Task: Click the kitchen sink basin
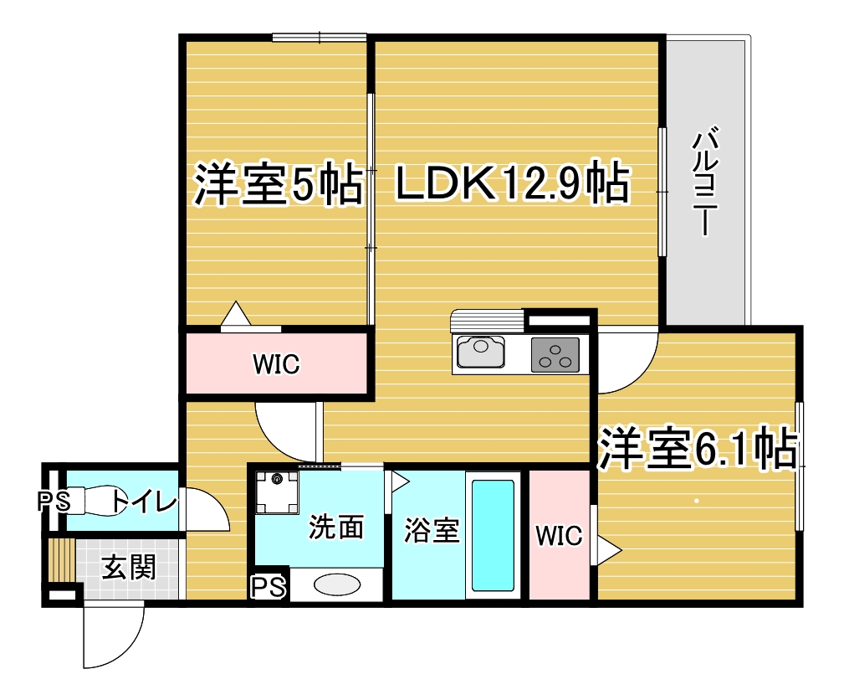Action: point(481,352)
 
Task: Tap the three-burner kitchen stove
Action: point(555,354)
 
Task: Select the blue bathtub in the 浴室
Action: point(493,536)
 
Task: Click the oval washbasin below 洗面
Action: point(337,584)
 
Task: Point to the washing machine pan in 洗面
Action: point(277,492)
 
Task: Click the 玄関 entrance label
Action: point(129,568)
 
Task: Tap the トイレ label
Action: point(144,502)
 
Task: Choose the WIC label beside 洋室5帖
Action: point(276,364)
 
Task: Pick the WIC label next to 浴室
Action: point(559,536)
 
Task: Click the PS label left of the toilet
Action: point(54,502)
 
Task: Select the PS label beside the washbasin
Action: point(269,587)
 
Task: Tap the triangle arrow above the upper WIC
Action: point(236,313)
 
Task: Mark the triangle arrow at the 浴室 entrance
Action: point(400,481)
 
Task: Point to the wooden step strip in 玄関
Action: point(61,560)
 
